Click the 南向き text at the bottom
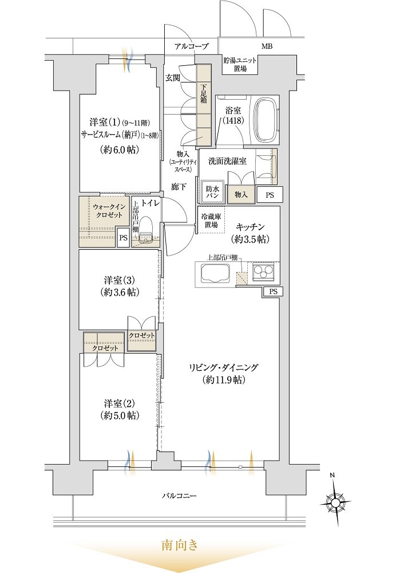180,545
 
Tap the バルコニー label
179,495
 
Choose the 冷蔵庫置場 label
211,221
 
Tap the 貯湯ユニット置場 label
240,64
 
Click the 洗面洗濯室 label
227,161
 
